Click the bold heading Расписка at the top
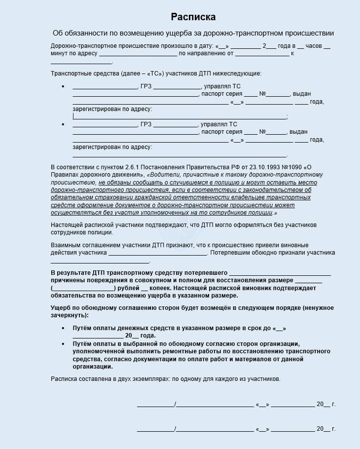(x=193, y=17)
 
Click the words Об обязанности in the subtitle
(x=77, y=33)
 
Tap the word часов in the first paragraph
(x=314, y=45)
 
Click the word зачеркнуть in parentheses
(x=68, y=315)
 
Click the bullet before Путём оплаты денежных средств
(x=63, y=328)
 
